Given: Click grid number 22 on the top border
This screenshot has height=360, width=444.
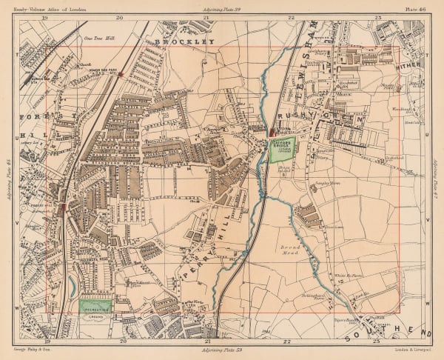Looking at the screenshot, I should point(292,16).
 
